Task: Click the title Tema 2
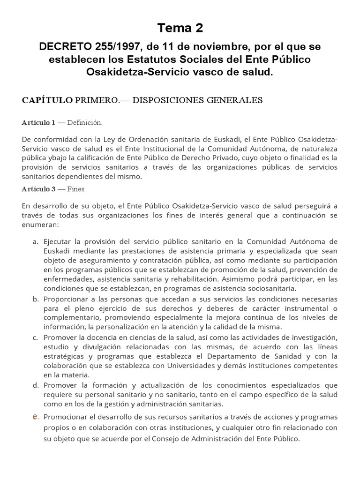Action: [x=180, y=28]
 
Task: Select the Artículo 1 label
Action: [x=38, y=123]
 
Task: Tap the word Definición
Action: [x=84, y=123]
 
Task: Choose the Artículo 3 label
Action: [x=38, y=189]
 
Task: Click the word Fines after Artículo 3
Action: [x=76, y=189]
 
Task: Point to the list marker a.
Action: [x=35, y=241]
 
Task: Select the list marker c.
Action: [x=35, y=337]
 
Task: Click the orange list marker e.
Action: [x=35, y=416]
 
